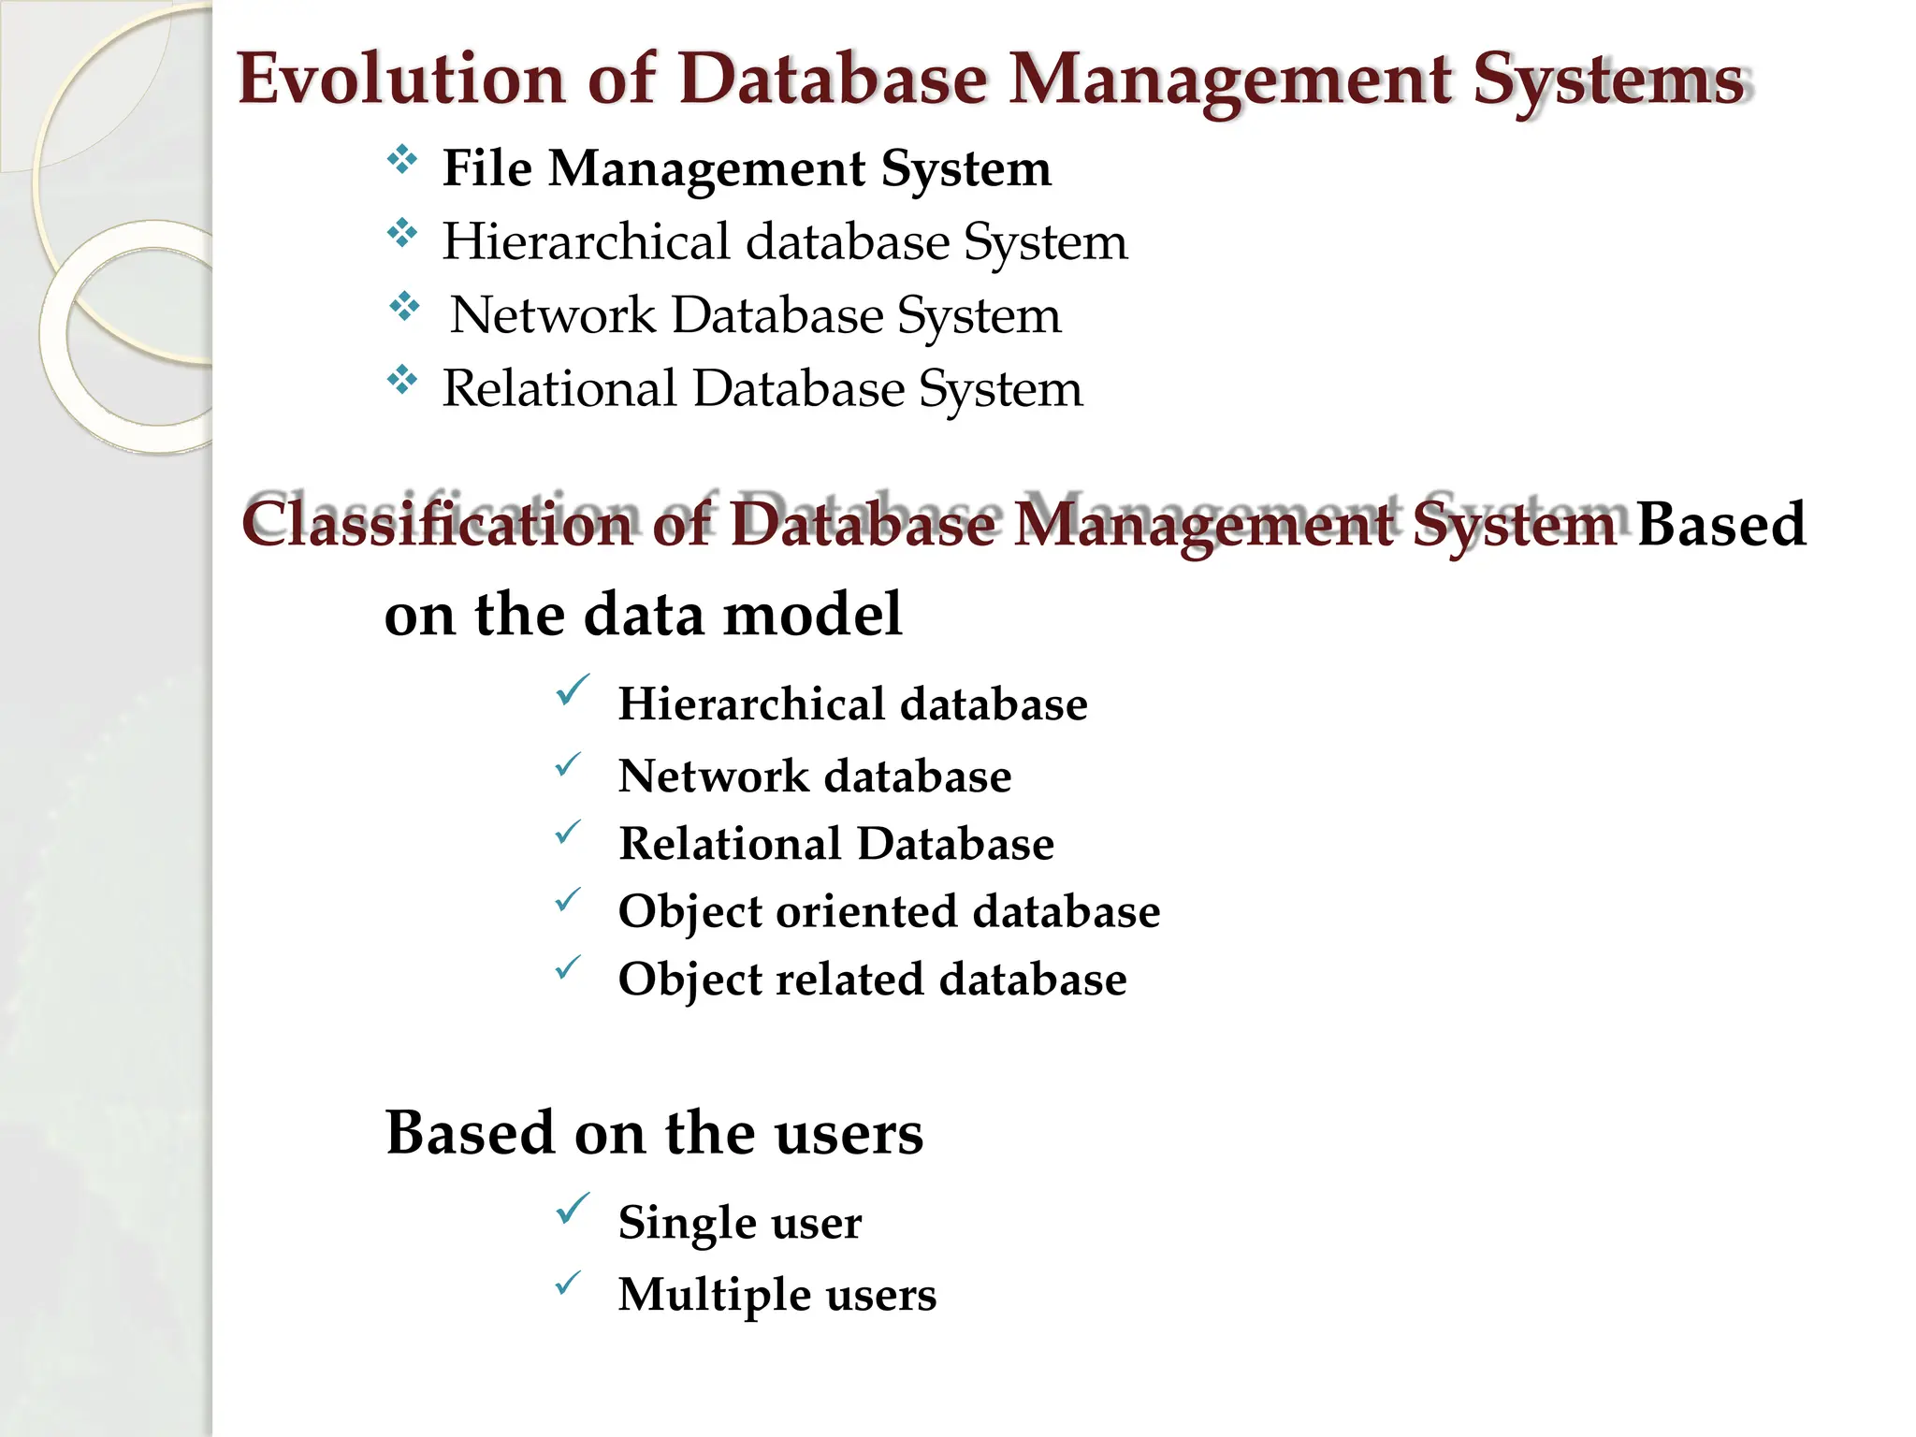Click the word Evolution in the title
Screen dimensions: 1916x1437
(x=401, y=79)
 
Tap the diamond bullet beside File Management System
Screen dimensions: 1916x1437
(x=402, y=159)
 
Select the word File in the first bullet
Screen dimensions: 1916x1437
(x=486, y=168)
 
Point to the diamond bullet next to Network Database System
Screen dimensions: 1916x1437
(x=404, y=306)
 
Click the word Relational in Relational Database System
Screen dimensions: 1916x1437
(x=559, y=388)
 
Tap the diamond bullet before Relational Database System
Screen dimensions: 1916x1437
(x=402, y=380)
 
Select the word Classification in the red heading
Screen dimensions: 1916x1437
(x=438, y=524)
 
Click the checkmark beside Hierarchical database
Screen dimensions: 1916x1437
(x=572, y=690)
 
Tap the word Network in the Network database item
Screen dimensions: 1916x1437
(x=713, y=777)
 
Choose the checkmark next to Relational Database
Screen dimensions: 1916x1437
(x=568, y=831)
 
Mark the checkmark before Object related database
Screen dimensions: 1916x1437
(x=568, y=966)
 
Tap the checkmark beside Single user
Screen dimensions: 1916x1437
(x=572, y=1209)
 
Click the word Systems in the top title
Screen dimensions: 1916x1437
(x=1609, y=80)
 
